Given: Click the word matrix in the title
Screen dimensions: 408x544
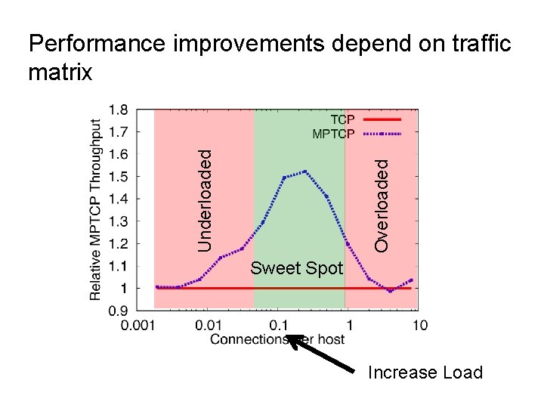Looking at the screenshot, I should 60,73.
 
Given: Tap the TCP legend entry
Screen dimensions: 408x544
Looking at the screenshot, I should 342,120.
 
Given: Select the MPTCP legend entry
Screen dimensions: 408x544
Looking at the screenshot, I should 333,134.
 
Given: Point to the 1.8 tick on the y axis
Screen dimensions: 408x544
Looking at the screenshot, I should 118,109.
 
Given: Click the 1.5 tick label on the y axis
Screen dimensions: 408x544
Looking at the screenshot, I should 118,176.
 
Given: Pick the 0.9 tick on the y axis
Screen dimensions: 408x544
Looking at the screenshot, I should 118,311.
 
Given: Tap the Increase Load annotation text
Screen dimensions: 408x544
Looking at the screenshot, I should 425,372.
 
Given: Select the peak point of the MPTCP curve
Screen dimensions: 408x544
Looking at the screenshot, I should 305,172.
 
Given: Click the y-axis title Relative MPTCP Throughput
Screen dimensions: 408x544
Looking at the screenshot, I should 96,209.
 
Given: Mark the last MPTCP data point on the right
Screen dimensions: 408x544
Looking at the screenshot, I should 411,280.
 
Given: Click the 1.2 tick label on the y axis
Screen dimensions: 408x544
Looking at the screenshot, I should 118,243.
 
